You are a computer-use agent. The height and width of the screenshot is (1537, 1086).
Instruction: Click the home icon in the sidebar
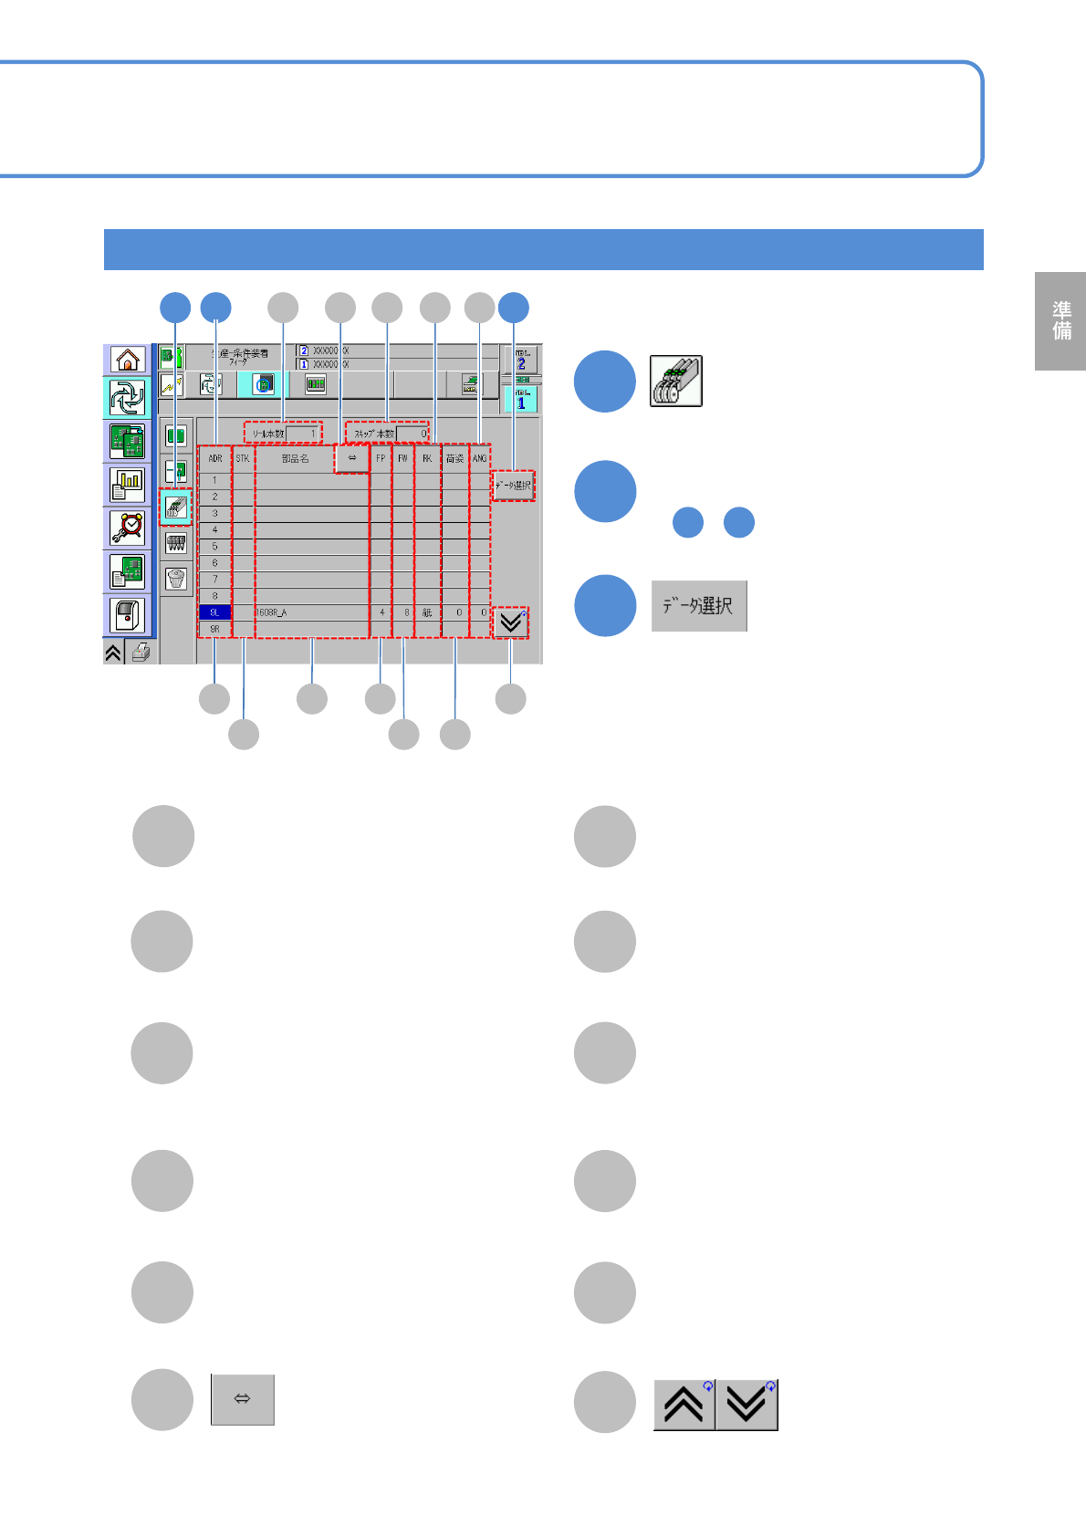click(x=128, y=360)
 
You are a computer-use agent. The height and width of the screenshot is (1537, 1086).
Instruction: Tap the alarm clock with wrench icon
click(x=128, y=528)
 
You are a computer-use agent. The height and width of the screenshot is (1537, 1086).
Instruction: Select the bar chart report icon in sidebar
click(x=128, y=486)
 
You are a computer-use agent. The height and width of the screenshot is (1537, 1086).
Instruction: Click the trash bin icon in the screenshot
click(x=176, y=578)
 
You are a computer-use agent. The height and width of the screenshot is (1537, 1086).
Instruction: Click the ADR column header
click(x=215, y=458)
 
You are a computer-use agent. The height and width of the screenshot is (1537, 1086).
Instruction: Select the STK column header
click(x=243, y=458)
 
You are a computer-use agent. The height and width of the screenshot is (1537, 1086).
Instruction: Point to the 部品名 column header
click(x=295, y=458)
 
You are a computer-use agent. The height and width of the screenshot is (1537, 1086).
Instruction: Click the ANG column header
click(x=480, y=458)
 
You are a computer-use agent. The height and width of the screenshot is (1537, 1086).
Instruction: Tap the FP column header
click(x=381, y=458)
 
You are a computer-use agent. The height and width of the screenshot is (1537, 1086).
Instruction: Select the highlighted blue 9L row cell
click(x=214, y=612)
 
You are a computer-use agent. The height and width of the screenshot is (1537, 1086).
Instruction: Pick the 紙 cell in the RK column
click(x=426, y=612)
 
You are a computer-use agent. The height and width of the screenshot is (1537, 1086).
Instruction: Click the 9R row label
click(x=214, y=629)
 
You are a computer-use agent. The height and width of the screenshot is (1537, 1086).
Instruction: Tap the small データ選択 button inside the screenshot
click(x=513, y=486)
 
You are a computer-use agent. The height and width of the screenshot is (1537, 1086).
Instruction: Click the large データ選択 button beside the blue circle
click(x=699, y=606)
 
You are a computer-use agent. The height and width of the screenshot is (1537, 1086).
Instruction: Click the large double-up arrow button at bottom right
click(x=684, y=1405)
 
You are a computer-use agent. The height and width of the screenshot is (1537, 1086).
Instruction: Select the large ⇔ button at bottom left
click(x=243, y=1399)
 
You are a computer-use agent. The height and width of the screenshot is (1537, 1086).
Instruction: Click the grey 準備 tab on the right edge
click(x=1061, y=321)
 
